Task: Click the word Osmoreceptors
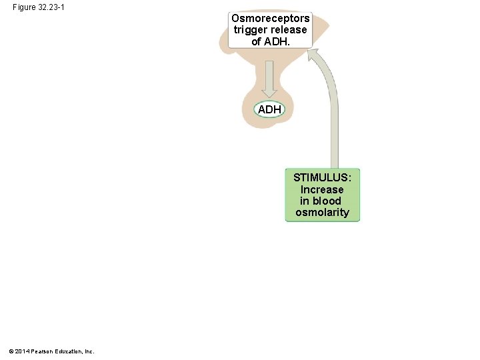(x=270, y=19)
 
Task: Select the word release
(x=288, y=30)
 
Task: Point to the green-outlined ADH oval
(x=269, y=109)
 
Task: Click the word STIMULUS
(x=323, y=178)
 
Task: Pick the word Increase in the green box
(x=322, y=189)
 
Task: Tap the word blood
(x=327, y=201)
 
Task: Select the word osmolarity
(x=322, y=212)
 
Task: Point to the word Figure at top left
(x=24, y=7)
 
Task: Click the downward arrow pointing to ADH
(x=270, y=80)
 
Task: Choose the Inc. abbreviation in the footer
(x=89, y=351)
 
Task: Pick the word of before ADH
(x=257, y=41)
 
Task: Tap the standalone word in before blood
(x=304, y=201)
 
